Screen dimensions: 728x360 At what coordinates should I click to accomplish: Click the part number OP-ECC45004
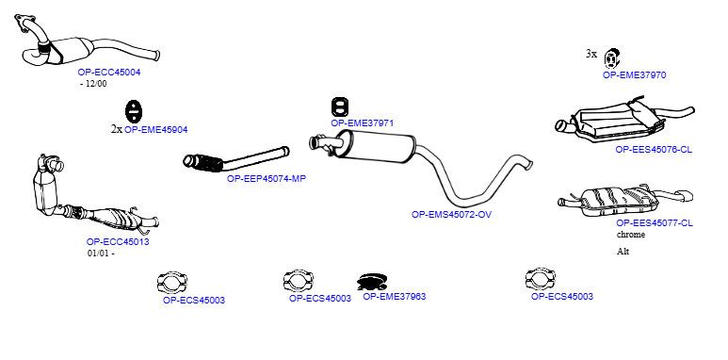[x=109, y=73]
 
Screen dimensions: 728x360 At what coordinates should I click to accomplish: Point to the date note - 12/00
[x=93, y=84]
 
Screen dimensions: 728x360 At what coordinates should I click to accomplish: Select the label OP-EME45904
[x=156, y=130]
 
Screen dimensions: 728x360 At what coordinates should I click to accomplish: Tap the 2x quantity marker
[x=117, y=129]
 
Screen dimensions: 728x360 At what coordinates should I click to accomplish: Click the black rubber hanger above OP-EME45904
[x=133, y=112]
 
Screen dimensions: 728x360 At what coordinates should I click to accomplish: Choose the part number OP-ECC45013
[x=118, y=242]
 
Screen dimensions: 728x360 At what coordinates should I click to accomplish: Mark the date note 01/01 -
[x=101, y=254]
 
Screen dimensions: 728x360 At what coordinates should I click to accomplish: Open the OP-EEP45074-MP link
[x=267, y=178]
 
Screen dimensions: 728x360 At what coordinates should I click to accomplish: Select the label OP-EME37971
[x=363, y=123]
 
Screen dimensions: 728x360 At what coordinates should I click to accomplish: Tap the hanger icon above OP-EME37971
[x=340, y=107]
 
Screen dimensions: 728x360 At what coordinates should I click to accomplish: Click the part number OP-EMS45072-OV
[x=451, y=215]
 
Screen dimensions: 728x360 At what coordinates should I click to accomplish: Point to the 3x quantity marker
[x=591, y=54]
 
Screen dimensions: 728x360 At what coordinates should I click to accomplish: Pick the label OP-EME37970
[x=634, y=74]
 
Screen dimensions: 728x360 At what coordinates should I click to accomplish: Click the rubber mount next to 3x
[x=612, y=58]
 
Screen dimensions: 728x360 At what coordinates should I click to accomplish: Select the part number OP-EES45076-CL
[x=654, y=150]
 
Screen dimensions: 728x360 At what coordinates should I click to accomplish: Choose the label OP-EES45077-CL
[x=655, y=223]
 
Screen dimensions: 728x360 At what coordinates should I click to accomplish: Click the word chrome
[x=631, y=235]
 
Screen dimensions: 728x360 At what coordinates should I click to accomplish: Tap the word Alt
[x=623, y=252]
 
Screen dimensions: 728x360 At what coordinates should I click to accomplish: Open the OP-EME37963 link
[x=395, y=296]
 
